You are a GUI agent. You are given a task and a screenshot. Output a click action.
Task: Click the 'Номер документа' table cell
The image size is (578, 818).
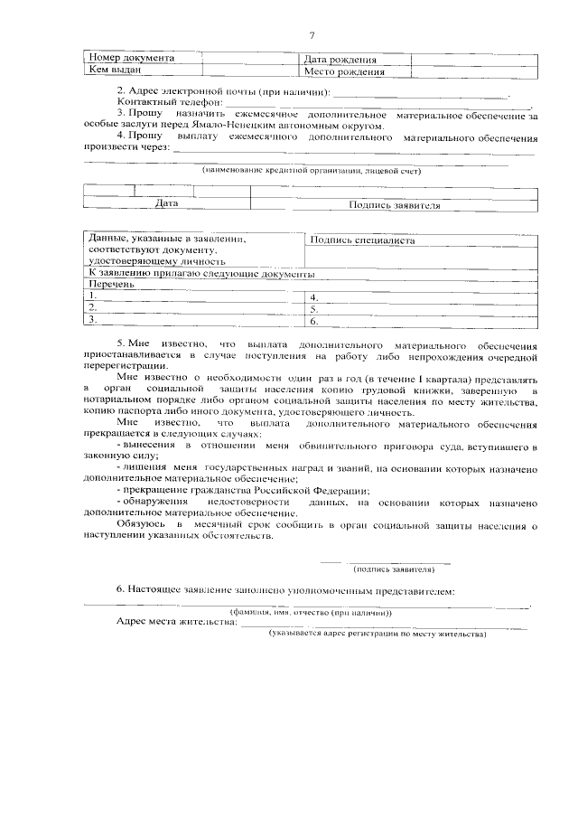[131, 59]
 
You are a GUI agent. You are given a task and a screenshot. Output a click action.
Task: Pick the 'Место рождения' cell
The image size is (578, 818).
[344, 71]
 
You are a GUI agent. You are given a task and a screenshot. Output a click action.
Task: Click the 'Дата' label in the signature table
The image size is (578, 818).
[165, 204]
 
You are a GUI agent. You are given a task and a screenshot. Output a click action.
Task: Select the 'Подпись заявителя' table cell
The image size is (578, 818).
[395, 205]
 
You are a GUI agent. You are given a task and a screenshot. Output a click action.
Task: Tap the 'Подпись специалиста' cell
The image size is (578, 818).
[361, 241]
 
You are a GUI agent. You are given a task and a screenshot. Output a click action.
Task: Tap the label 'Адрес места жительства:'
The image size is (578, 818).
[176, 622]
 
